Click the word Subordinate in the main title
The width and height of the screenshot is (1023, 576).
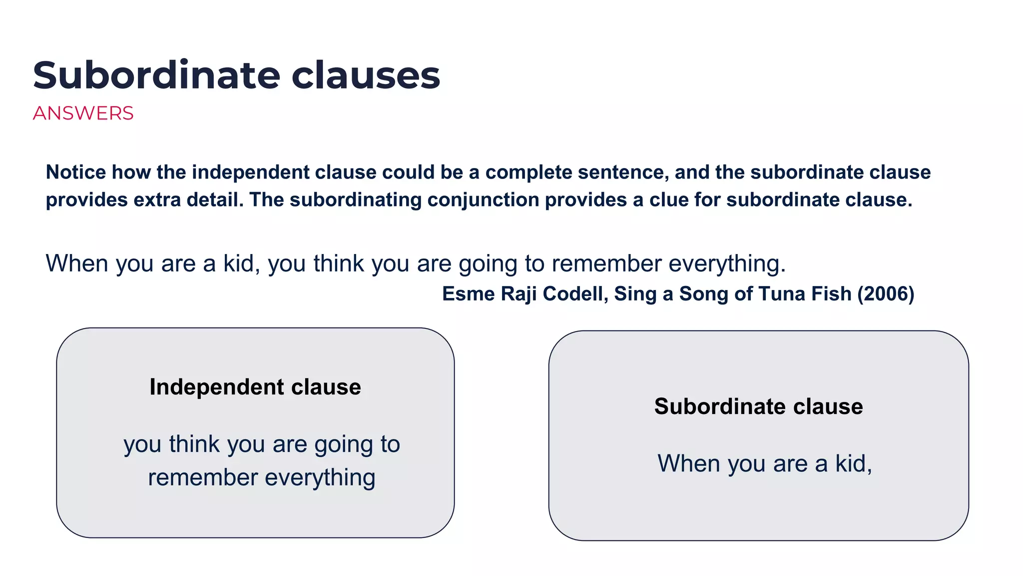156,75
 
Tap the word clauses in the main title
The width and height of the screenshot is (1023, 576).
366,75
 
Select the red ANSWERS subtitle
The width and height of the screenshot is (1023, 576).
83,113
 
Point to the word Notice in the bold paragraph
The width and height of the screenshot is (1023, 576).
76,172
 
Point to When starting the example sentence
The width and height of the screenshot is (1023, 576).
77,263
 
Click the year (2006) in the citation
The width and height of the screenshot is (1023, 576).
886,294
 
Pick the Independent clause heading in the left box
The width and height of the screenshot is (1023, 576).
255,387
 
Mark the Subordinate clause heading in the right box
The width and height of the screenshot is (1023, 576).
758,406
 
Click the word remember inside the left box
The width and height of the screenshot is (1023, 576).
203,477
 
